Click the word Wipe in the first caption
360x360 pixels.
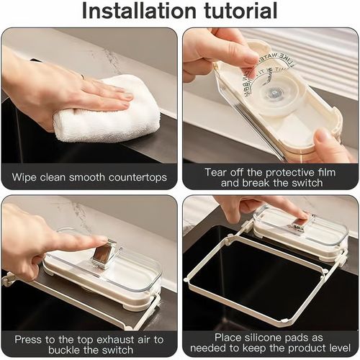24,176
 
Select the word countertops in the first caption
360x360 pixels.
139,176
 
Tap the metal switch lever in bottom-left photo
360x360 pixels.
104,252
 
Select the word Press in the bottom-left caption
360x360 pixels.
30,339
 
